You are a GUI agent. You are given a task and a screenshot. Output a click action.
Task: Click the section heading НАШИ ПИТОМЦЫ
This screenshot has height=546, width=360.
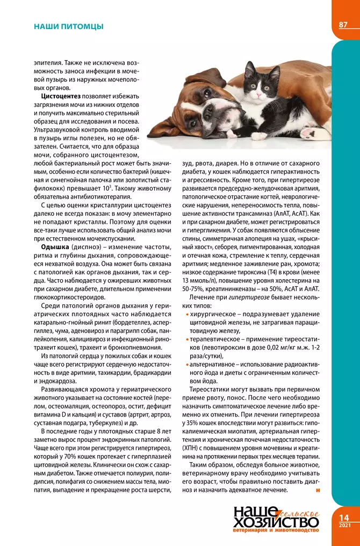[68, 26]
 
